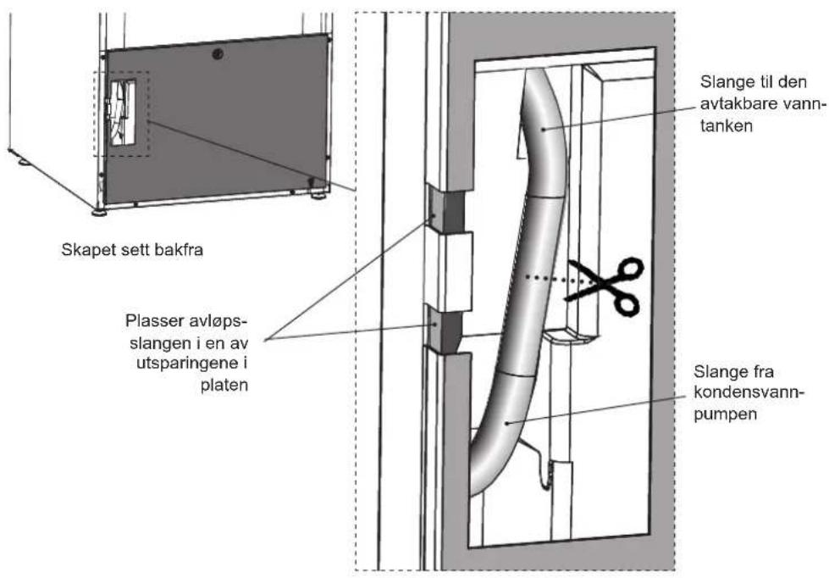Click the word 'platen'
[x=224, y=386]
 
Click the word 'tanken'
[x=727, y=126]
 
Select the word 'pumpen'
[x=726, y=414]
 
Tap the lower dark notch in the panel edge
[x=445, y=331]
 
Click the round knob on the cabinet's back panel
[x=217, y=54]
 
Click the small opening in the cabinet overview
[x=123, y=113]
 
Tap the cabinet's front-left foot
[x=98, y=213]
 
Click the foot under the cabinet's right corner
[x=318, y=195]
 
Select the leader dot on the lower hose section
[x=506, y=422]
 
